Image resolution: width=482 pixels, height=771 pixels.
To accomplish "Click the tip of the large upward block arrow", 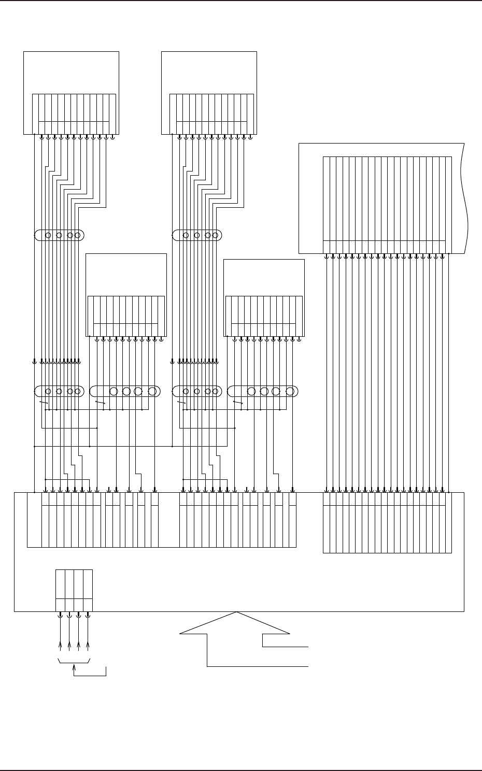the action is [x=237, y=613].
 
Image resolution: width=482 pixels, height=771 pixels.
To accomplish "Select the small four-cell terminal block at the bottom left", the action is [x=74, y=591].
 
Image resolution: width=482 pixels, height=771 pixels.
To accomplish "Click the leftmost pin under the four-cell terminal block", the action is [x=60, y=616].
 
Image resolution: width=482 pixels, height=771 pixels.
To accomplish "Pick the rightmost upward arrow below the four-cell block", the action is [x=88, y=646].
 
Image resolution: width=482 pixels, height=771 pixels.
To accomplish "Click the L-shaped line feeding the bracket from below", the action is [x=91, y=675].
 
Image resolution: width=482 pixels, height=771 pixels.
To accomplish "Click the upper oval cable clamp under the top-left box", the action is [x=59, y=236].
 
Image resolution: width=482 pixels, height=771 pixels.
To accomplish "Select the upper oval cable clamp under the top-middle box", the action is [x=197, y=236].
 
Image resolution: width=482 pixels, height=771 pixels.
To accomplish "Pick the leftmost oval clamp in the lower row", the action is [x=59, y=391].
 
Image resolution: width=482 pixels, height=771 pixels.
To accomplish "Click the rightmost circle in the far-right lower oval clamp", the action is [x=289, y=391].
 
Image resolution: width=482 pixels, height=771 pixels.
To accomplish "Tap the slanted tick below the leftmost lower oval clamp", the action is [x=44, y=402].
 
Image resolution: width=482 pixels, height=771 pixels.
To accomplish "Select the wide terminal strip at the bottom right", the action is [x=387, y=522].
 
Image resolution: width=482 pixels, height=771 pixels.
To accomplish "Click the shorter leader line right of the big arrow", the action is [x=285, y=647].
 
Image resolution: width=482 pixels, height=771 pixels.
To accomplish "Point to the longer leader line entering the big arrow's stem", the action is [x=259, y=666].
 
